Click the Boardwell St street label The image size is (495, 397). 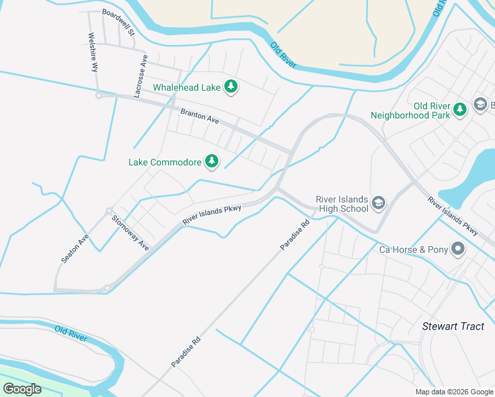coord(118,22)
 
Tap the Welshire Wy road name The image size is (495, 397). coord(93,52)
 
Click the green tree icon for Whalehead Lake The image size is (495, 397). coord(231,87)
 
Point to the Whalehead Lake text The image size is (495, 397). coord(187,87)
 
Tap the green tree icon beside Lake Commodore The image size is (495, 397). coord(212,161)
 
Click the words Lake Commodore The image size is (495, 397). coord(165,161)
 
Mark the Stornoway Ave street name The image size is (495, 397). coord(130,233)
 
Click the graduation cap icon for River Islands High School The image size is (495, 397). coord(379,202)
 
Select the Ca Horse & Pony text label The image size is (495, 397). coord(413,250)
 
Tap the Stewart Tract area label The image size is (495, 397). coord(453,326)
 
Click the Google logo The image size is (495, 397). coord(22,389)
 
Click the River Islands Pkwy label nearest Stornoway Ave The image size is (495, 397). coord(211,216)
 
